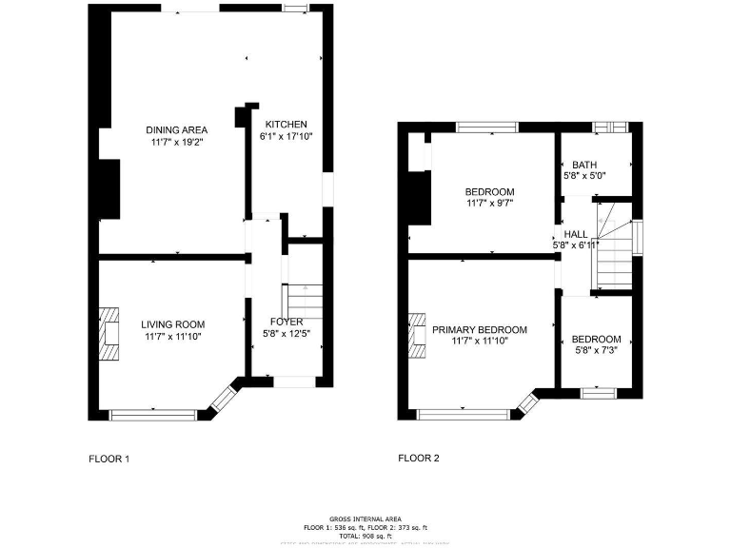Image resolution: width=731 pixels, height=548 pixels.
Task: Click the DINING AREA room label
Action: (176, 130)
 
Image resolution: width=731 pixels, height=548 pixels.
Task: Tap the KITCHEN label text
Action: (286, 125)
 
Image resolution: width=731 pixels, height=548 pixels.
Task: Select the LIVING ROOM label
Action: (173, 324)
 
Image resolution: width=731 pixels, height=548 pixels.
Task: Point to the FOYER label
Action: (286, 322)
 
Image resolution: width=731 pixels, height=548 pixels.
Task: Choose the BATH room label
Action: (584, 165)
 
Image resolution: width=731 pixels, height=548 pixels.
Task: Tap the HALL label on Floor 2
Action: (575, 234)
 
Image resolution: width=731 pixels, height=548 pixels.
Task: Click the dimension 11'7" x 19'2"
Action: (176, 142)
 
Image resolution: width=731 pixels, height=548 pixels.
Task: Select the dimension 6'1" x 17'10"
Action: (286, 136)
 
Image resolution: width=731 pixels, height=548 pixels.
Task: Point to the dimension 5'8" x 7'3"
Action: (596, 350)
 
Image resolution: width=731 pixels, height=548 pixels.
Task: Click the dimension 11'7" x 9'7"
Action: (489, 203)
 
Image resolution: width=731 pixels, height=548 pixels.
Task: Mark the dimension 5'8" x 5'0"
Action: (584, 176)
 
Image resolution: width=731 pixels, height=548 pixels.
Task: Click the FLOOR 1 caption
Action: (109, 459)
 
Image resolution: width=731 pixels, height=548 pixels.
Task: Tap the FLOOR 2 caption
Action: (418, 459)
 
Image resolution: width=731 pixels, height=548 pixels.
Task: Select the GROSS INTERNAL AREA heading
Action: (365, 519)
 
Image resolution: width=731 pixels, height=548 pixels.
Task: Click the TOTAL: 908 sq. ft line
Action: (365, 536)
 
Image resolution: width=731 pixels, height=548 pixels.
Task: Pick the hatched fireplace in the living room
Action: (109, 333)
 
